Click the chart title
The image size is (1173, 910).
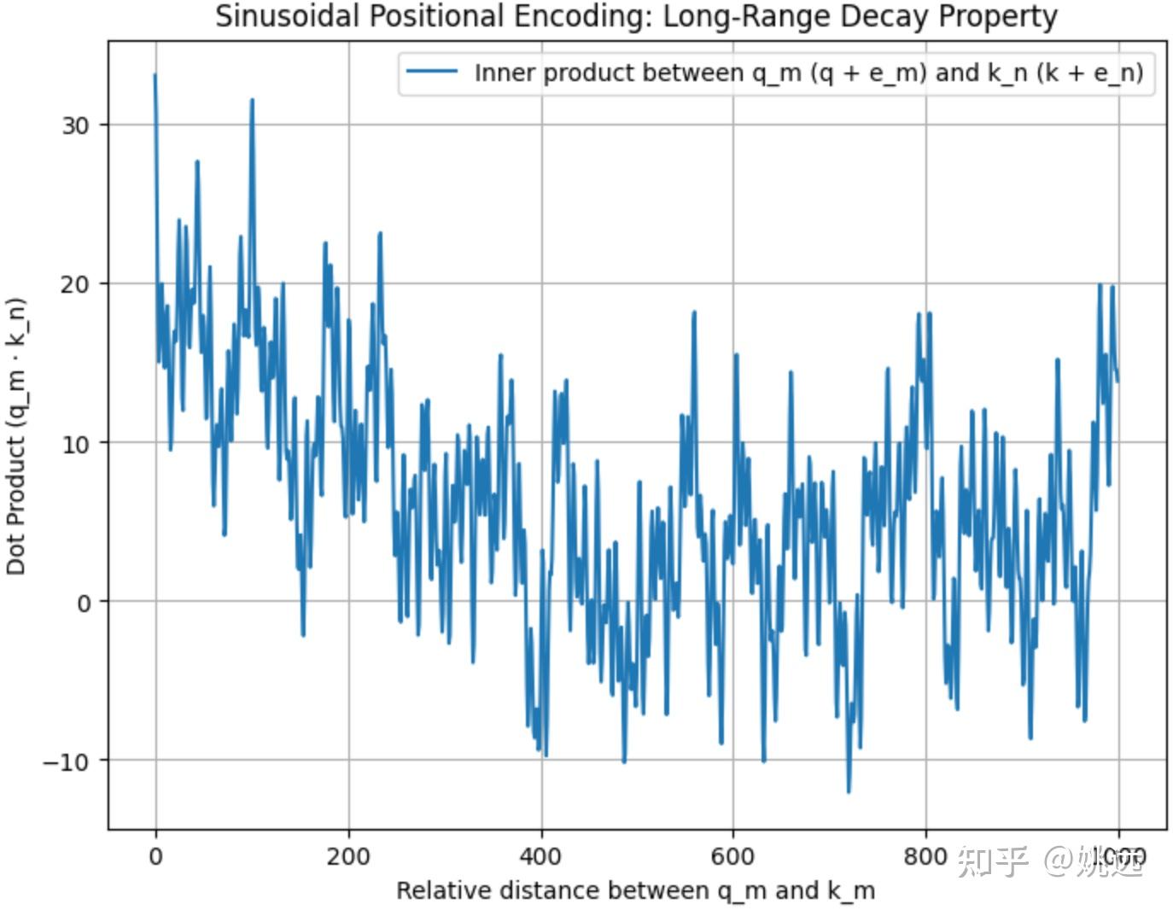pyautogui.click(x=636, y=16)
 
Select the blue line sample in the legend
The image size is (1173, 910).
pyautogui.click(x=432, y=73)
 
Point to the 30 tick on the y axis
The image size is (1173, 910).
pyautogui.click(x=75, y=125)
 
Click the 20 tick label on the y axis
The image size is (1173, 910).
pyautogui.click(x=75, y=284)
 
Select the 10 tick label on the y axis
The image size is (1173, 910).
pyautogui.click(x=75, y=443)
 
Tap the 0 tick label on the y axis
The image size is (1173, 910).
pyautogui.click(x=83, y=603)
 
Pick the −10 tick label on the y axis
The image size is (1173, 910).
pyautogui.click(x=66, y=761)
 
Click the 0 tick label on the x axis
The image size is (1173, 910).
pyautogui.click(x=155, y=856)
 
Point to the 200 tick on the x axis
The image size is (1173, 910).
pyautogui.click(x=348, y=856)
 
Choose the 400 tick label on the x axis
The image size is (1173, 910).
pyautogui.click(x=540, y=856)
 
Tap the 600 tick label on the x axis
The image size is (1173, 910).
pyautogui.click(x=732, y=856)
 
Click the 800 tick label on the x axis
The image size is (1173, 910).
pyautogui.click(x=925, y=856)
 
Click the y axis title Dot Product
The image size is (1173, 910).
pyautogui.click(x=17, y=435)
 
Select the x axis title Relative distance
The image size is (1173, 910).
pyautogui.click(x=635, y=890)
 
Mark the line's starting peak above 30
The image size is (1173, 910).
pyautogui.click(x=155, y=75)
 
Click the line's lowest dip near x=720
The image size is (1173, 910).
pyautogui.click(x=849, y=791)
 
